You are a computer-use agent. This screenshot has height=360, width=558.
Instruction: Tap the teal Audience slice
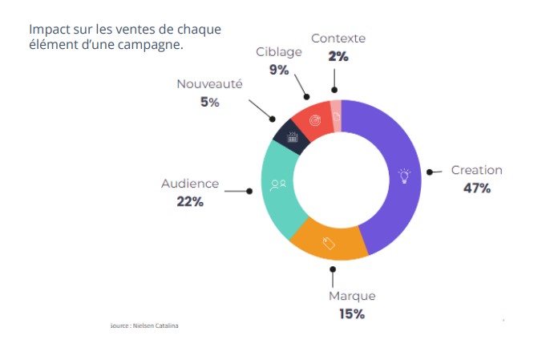[280, 186]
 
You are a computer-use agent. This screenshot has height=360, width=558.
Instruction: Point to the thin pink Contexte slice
[336, 115]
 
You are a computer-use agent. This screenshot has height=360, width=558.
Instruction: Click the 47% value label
[476, 188]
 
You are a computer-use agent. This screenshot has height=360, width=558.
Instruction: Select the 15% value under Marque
[351, 313]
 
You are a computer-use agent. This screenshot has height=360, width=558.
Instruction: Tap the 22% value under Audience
[190, 201]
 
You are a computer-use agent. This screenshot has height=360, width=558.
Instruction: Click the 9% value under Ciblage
[279, 70]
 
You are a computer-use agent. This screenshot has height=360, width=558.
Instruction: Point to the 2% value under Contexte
[338, 56]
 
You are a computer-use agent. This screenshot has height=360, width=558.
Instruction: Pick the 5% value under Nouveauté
[210, 102]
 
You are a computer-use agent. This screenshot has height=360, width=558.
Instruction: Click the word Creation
[476, 170]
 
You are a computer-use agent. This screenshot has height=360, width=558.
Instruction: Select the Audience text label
[190, 184]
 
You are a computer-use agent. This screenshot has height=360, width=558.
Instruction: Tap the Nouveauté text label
[210, 83]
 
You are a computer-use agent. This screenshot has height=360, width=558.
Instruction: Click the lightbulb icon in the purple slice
[405, 175]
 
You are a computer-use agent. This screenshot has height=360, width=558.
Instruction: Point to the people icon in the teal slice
[278, 184]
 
